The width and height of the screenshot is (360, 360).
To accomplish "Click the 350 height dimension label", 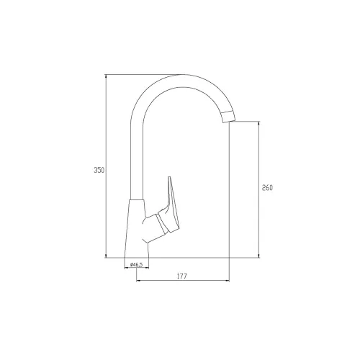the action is [99, 170].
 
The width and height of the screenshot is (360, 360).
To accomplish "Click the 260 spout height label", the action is [267, 188].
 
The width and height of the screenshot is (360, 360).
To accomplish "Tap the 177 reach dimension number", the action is [182, 276].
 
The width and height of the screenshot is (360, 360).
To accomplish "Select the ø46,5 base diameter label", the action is [136, 265].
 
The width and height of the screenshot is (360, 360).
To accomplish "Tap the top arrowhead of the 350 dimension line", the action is [106, 76].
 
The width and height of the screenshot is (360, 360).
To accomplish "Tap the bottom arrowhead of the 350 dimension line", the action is [106, 256].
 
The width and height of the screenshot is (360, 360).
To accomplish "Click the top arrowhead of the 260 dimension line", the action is [258, 123].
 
